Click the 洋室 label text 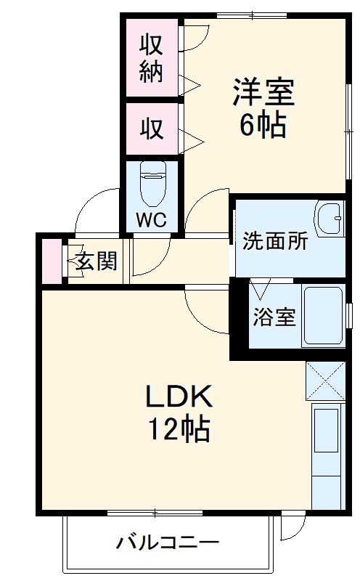(262, 93)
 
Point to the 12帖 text (180, 430)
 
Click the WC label (151, 219)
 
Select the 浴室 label (274, 317)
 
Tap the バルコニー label (168, 543)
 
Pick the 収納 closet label (151, 58)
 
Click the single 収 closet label (151, 129)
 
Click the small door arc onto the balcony (292, 527)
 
